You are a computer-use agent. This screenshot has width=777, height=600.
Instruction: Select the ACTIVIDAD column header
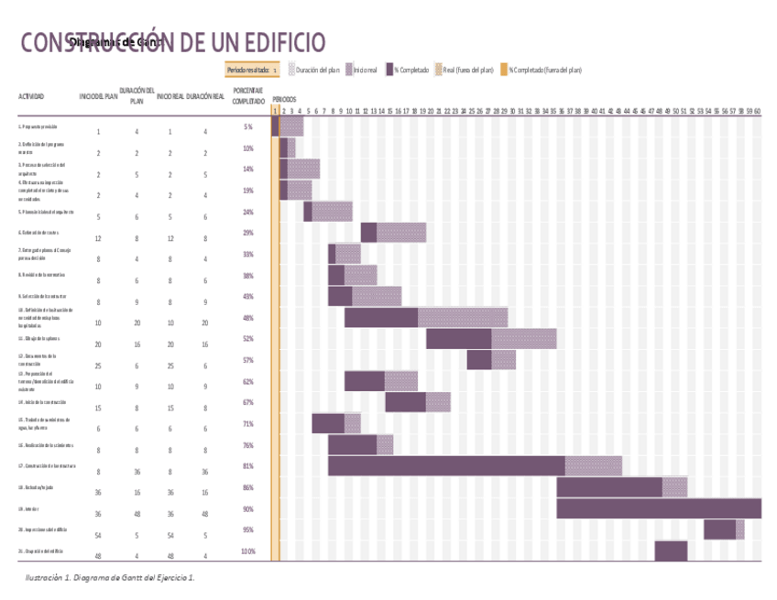click(x=31, y=96)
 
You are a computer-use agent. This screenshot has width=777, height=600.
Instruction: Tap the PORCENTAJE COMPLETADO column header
click(x=248, y=95)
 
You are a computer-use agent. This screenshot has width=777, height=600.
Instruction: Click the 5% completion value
click(x=248, y=127)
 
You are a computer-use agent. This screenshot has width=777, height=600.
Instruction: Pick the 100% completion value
click(x=248, y=551)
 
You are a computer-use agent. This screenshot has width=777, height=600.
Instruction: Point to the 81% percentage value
click(x=248, y=466)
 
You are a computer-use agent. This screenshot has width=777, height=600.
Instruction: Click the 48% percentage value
click(x=248, y=318)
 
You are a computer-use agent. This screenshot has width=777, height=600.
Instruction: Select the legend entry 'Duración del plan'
click(x=313, y=70)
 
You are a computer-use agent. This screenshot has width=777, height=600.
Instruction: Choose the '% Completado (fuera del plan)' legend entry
click(x=541, y=70)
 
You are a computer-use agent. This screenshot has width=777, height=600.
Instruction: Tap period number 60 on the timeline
click(x=758, y=111)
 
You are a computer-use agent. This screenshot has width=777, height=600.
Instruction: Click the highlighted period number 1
click(x=274, y=111)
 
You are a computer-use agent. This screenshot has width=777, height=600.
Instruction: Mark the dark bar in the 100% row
click(x=671, y=551)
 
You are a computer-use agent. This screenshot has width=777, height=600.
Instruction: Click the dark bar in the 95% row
click(x=719, y=529)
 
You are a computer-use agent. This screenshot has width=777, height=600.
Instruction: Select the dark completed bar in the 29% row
click(x=368, y=233)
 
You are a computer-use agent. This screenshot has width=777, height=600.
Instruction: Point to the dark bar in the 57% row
click(x=478, y=360)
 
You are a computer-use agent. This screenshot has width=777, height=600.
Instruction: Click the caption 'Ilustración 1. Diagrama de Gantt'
click(x=110, y=578)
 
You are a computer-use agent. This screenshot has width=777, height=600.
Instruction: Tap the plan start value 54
click(x=98, y=535)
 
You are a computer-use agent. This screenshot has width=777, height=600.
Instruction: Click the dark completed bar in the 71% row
click(x=328, y=423)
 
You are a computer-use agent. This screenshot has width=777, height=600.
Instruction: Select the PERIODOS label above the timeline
click(x=284, y=98)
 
